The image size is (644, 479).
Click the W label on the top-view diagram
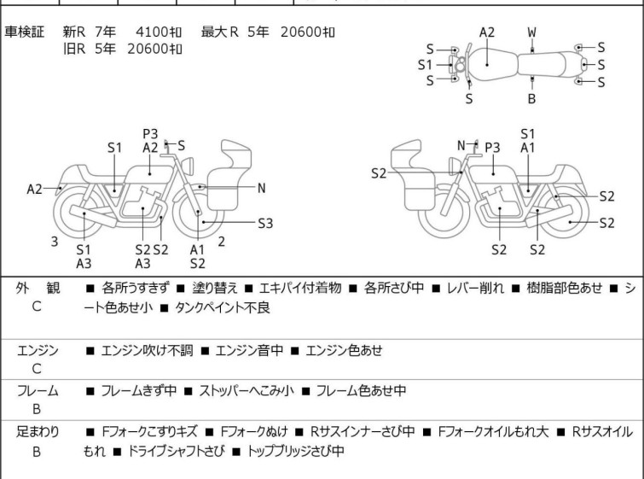coord(531,32)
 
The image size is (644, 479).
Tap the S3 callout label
coord(265,224)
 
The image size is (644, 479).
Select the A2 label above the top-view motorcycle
coord(486,32)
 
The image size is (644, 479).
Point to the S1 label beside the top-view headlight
coord(425,64)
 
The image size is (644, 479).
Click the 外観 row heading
coord(37,289)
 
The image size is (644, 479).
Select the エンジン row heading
coord(38,350)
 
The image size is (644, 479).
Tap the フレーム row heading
coord(38,391)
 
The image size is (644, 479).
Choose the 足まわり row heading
coord(38,432)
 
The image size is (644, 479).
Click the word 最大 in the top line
coord(213,32)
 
